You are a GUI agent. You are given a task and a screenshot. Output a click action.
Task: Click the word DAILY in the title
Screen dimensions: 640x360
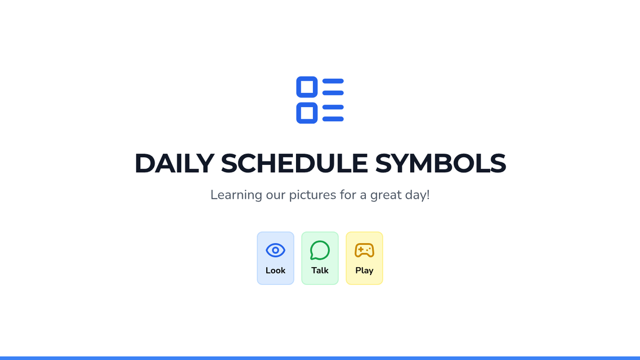tap(174, 163)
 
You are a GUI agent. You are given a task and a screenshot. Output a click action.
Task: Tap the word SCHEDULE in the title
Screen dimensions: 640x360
tap(294, 163)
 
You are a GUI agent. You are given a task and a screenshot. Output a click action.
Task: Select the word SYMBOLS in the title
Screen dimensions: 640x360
tap(441, 163)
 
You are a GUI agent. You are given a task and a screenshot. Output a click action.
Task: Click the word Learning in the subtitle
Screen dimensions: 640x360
tap(236, 195)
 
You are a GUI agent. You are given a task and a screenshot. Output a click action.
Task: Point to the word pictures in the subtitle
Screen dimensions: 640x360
tap(313, 195)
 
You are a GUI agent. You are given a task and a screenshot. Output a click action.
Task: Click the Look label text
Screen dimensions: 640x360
tap(275, 270)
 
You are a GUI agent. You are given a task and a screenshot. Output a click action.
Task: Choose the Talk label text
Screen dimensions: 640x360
tap(319, 270)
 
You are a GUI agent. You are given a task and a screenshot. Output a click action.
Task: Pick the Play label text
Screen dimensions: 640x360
tap(364, 271)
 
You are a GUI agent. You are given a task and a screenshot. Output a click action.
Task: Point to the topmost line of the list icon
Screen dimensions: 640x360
tap(333, 81)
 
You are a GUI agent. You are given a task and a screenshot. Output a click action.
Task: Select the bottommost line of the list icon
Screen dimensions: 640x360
tap(333, 119)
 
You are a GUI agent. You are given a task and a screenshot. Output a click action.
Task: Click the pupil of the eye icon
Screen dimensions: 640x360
tap(275, 250)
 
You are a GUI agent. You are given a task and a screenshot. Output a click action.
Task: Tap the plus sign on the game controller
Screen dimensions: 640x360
tap(361, 250)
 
